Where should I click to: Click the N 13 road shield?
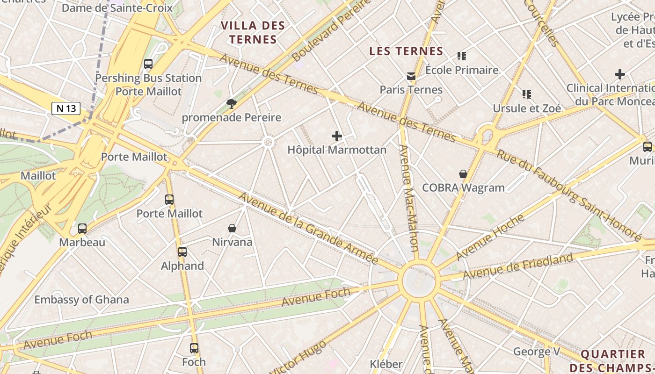[66, 109]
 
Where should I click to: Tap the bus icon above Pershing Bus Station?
[148, 64]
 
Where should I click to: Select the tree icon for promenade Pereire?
[231, 103]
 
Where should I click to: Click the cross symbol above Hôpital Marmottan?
[336, 136]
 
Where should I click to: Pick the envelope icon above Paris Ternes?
[411, 76]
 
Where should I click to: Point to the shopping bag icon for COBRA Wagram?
[463, 174]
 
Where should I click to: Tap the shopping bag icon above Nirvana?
[232, 228]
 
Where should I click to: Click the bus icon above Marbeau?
[82, 229]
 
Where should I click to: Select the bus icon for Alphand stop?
[182, 252]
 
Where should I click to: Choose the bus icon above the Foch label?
[194, 348]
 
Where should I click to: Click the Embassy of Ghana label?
[81, 300]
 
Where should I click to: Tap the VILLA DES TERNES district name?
[253, 32]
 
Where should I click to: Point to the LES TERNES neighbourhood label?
[406, 51]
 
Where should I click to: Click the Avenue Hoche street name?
[490, 237]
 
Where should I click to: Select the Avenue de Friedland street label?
[518, 266]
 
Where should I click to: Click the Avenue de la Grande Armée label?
[308, 228]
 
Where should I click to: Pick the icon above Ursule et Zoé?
[527, 94]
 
